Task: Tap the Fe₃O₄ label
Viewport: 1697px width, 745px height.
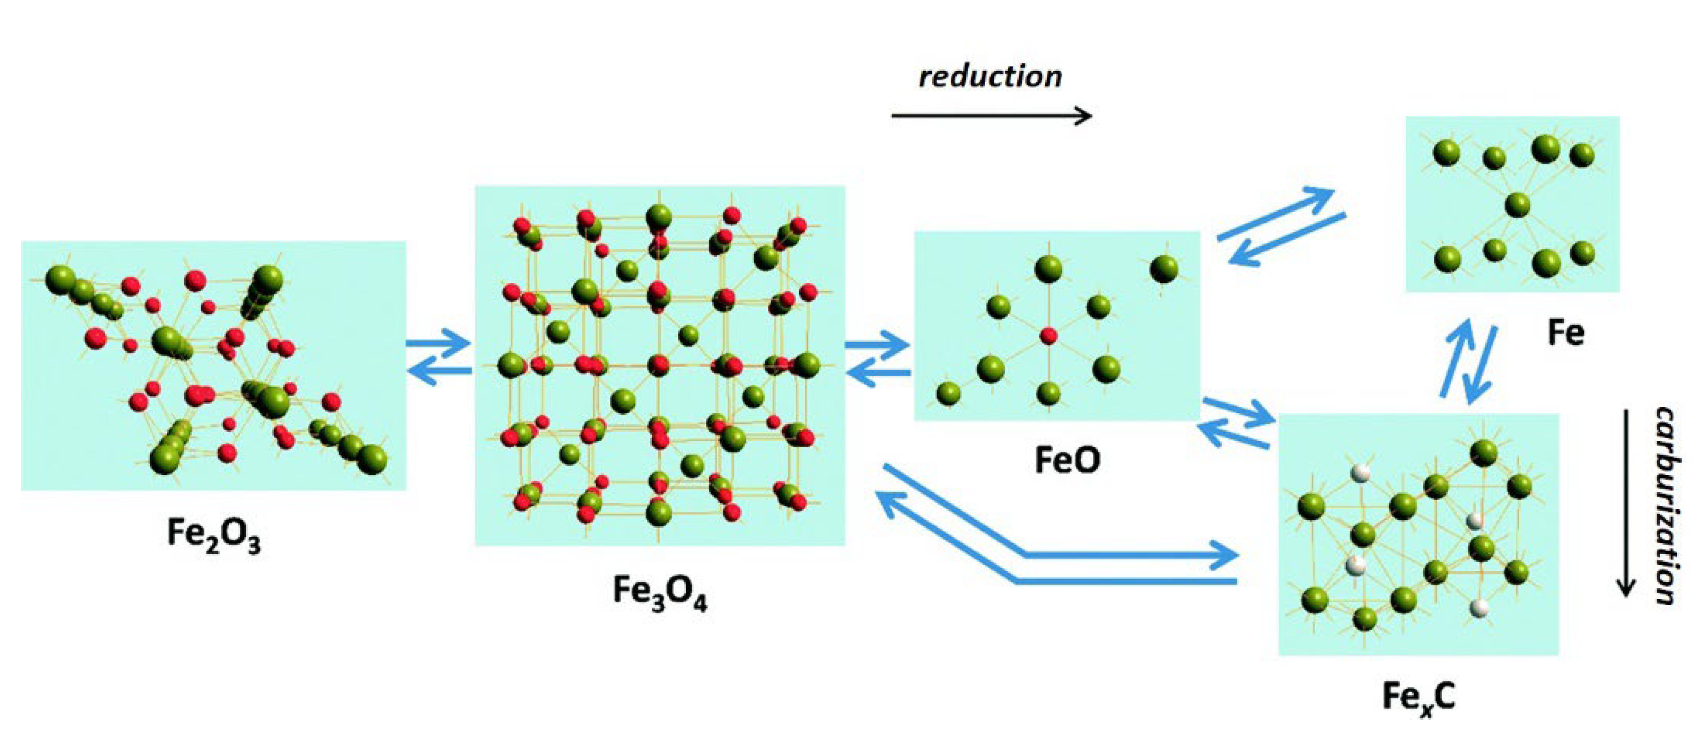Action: tap(659, 592)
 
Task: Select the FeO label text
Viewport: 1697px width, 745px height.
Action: tap(1067, 460)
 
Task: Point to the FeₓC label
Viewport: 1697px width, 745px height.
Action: tap(1419, 697)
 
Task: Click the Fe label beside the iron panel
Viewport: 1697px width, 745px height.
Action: tap(1565, 332)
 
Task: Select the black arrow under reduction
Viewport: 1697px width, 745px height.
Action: tap(992, 116)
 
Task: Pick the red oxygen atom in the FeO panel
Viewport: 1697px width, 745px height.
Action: tap(1048, 336)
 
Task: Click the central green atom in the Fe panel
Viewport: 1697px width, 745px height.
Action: tap(1518, 204)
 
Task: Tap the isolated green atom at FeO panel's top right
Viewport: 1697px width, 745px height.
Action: tap(1164, 269)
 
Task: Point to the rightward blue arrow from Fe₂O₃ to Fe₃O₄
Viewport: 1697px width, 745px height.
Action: tap(438, 343)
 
